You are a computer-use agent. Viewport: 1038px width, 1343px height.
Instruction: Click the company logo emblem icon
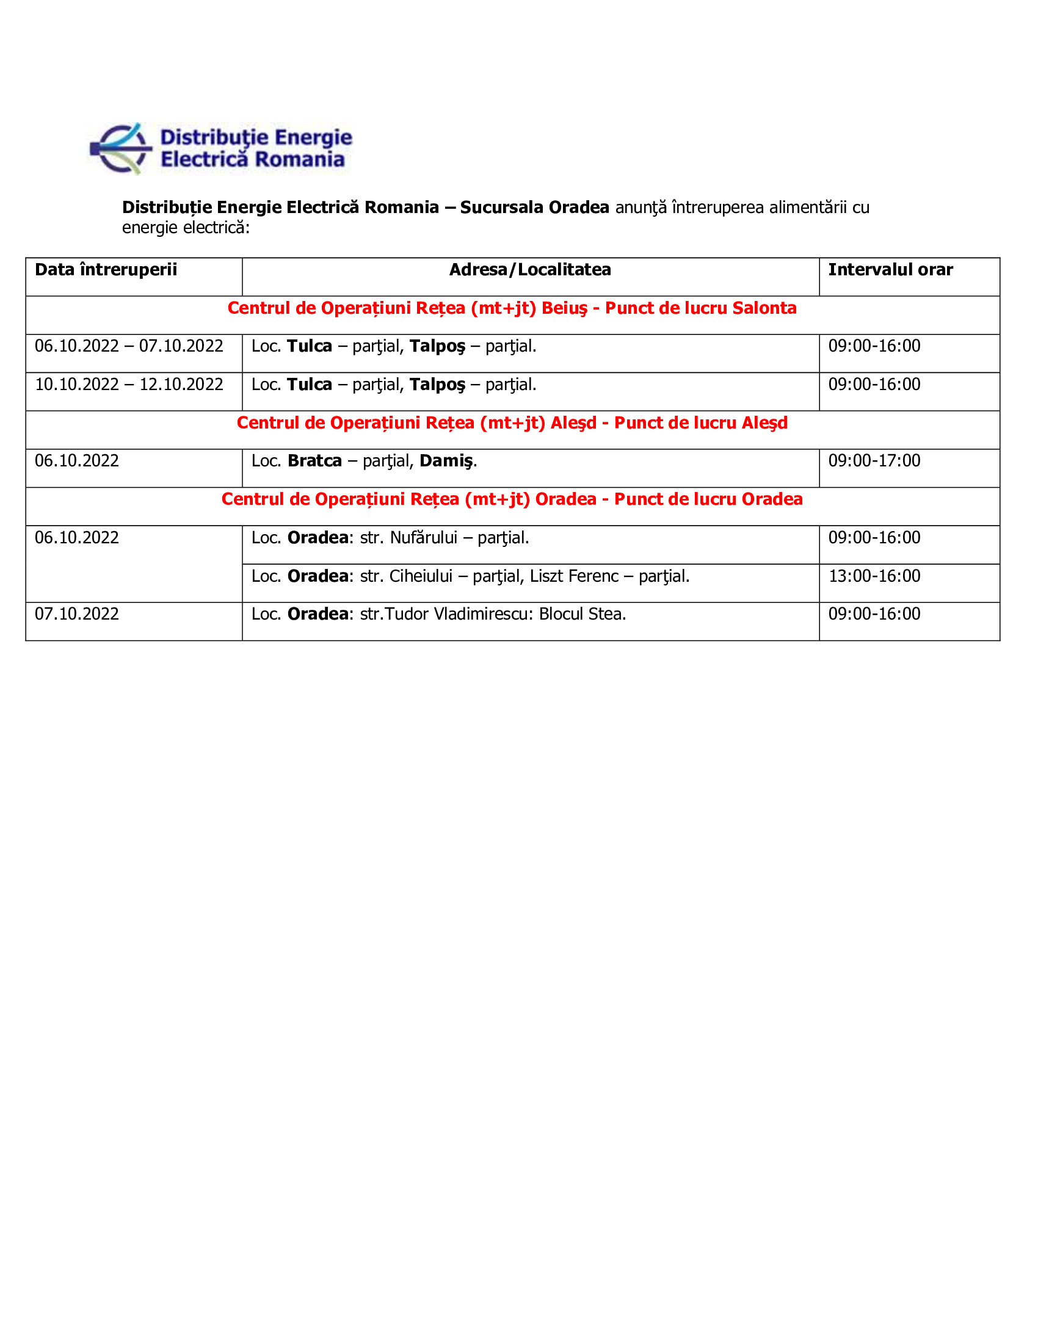click(x=121, y=149)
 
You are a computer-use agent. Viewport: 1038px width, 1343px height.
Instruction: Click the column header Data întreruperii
click(x=106, y=270)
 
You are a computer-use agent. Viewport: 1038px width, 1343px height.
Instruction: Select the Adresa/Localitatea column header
click(x=530, y=270)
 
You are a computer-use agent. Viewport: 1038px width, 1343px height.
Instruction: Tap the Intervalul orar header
click(x=890, y=270)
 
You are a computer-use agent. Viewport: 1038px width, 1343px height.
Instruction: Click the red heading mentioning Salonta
click(x=512, y=308)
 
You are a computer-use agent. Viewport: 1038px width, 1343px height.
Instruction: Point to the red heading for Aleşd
click(x=512, y=423)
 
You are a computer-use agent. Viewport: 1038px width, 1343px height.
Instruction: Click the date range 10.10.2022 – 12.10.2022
click(x=128, y=385)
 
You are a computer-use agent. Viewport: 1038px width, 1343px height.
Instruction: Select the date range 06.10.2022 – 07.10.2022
click(x=128, y=346)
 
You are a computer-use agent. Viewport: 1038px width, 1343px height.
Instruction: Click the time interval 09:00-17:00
click(x=874, y=461)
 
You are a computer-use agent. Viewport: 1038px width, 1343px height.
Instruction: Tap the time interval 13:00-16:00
click(x=874, y=576)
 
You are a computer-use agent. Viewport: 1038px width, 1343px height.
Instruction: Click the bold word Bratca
click(x=314, y=461)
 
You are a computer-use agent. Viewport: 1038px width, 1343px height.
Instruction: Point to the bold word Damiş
click(x=446, y=461)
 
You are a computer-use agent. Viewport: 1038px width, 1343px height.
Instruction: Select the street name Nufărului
click(x=424, y=538)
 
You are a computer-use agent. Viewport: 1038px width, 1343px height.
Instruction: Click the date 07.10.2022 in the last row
click(x=77, y=614)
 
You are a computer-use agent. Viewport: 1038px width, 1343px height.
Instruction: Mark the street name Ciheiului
click(x=421, y=576)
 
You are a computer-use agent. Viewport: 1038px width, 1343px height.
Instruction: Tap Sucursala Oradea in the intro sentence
click(x=534, y=208)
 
